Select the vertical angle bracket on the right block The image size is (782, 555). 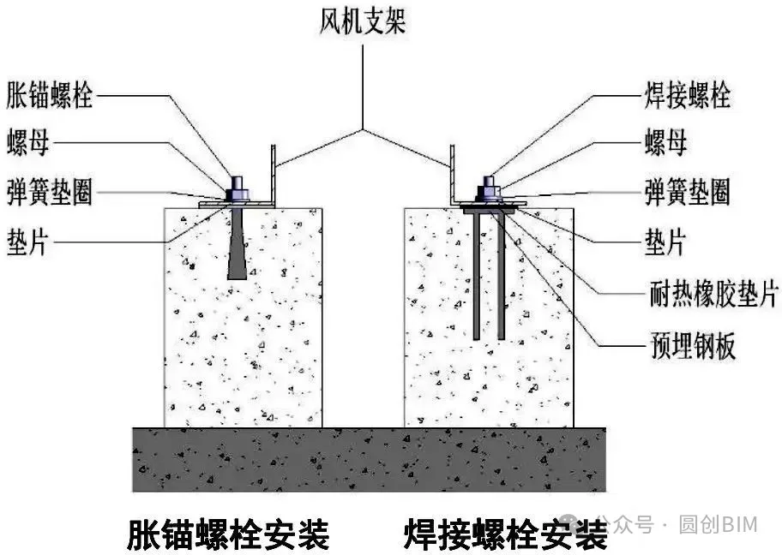coord(451,176)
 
